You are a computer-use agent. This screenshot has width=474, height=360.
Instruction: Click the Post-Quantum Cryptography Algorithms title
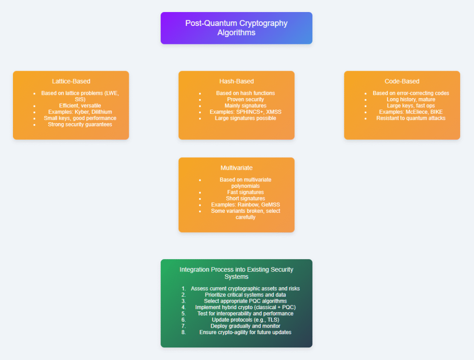pos(236,28)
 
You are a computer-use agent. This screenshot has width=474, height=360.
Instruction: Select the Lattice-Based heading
pos(71,81)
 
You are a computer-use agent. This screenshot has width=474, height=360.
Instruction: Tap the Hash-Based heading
pos(236,81)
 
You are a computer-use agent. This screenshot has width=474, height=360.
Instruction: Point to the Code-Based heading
pos(402,81)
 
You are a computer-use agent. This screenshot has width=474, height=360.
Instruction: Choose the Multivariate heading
pos(236,168)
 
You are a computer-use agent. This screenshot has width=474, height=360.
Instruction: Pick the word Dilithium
pos(101,112)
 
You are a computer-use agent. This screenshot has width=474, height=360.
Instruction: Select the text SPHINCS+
pos(250,112)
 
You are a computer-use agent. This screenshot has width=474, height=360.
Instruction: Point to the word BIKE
pos(436,112)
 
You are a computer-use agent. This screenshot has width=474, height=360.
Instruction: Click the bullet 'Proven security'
pos(245,99)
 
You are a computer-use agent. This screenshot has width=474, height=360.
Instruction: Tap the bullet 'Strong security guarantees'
pos(80,124)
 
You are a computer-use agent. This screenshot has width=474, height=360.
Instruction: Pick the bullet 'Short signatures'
pos(245,199)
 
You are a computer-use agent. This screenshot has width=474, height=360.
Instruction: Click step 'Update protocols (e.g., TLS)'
pos(245,320)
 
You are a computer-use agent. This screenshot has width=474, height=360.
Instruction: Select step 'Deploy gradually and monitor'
pos(245,326)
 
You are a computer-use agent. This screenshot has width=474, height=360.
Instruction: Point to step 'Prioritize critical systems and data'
pos(245,295)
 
